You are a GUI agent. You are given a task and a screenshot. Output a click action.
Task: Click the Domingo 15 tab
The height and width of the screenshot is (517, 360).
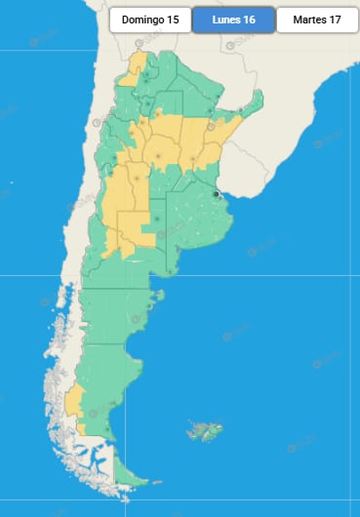click(x=149, y=20)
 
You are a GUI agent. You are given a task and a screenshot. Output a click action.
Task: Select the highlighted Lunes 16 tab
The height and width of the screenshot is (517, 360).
click(x=233, y=20)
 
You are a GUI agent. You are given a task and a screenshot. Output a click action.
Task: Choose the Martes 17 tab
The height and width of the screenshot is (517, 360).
click(x=316, y=20)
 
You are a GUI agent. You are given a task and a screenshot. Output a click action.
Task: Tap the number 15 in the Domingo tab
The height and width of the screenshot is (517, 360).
click(x=173, y=20)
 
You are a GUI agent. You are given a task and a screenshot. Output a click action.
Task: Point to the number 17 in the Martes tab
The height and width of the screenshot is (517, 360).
click(x=336, y=20)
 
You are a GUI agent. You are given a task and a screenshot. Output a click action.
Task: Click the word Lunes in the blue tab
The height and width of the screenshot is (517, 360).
click(x=224, y=20)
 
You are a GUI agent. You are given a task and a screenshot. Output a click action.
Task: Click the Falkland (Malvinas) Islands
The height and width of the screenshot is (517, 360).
click(x=206, y=428)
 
